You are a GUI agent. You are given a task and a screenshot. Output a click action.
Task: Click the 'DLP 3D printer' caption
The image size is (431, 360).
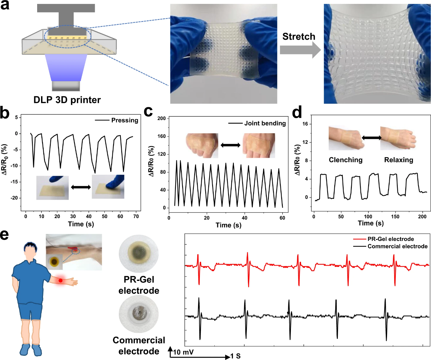(x=67, y=100)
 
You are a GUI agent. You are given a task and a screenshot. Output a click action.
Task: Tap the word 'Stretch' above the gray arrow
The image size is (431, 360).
(x=299, y=36)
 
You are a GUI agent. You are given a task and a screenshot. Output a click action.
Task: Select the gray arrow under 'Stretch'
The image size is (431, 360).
(x=300, y=50)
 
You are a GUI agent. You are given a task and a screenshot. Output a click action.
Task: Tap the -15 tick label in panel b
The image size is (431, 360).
(x=14, y=182)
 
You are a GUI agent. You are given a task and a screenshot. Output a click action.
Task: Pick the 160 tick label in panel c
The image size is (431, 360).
(x=162, y=136)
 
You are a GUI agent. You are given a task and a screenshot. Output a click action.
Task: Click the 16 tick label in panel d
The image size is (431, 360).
(x=305, y=124)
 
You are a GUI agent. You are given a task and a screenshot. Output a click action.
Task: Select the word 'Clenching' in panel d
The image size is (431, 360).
(x=346, y=160)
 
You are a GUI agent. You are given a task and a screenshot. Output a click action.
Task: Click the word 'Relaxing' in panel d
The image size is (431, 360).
(x=399, y=160)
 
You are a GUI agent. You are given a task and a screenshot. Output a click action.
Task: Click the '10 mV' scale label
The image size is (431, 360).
(x=183, y=352)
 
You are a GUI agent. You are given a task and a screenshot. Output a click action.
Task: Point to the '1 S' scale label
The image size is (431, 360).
(x=236, y=356)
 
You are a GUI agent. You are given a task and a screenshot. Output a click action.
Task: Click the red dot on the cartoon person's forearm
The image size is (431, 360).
(x=61, y=281)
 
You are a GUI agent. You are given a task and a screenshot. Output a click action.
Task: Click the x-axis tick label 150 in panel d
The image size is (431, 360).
(x=395, y=216)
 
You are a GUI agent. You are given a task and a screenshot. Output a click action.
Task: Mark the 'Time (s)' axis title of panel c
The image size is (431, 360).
(x=228, y=225)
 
